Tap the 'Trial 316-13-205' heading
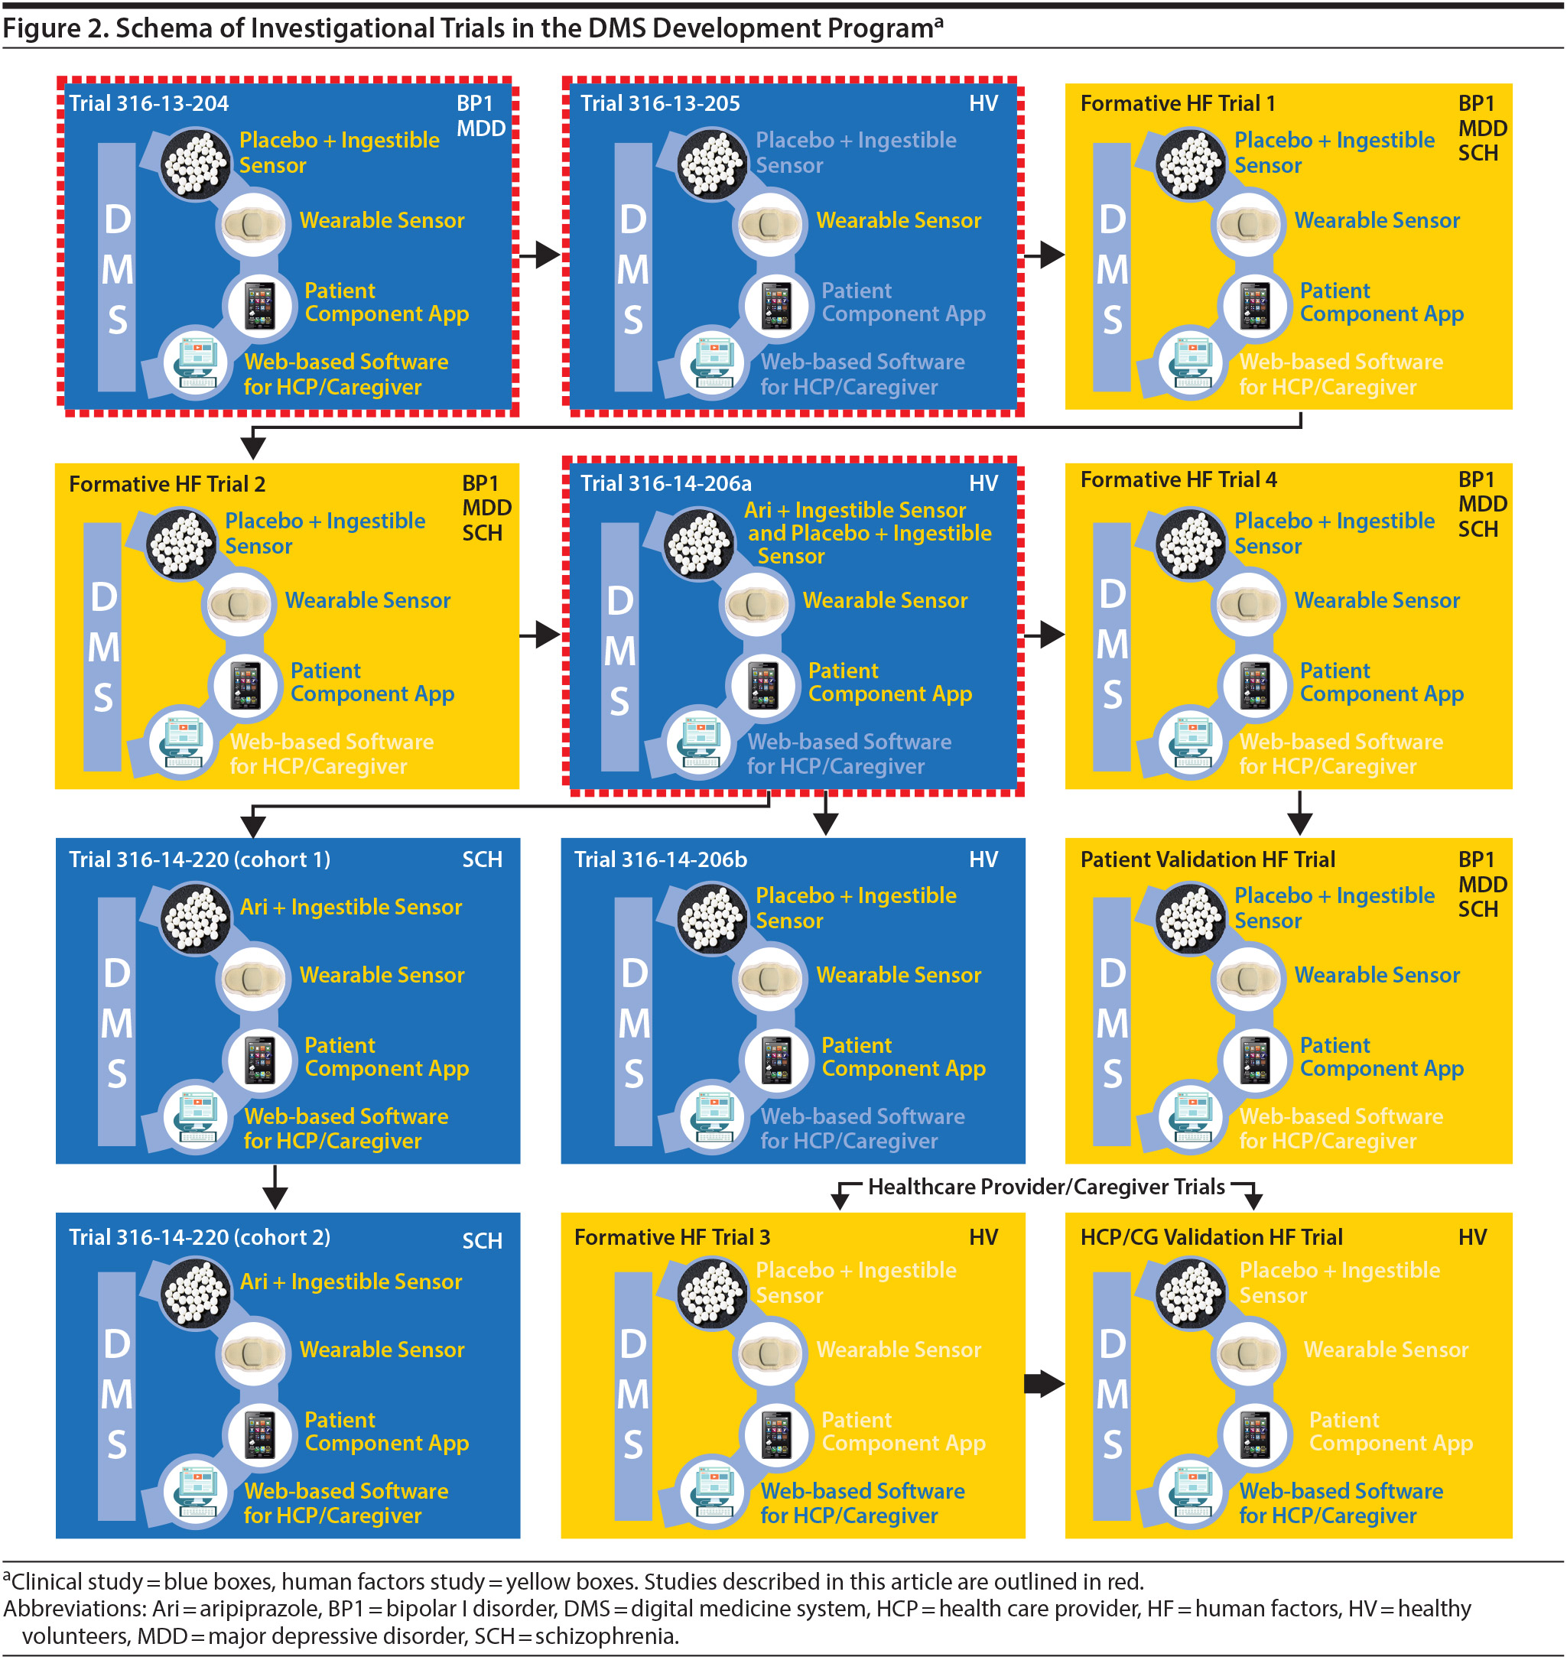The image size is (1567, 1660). click(x=660, y=103)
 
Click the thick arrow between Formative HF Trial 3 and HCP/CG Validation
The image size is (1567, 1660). click(x=1045, y=1384)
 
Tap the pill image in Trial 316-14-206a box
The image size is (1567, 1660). click(x=698, y=544)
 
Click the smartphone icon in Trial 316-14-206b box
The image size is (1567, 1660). click(x=776, y=1061)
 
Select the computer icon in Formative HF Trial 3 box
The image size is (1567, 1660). click(x=713, y=1492)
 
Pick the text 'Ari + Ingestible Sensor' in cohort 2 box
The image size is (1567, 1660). click(x=351, y=1282)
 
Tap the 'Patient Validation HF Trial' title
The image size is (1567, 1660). click(x=1208, y=859)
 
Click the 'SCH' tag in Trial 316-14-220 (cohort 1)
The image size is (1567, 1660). click(x=483, y=860)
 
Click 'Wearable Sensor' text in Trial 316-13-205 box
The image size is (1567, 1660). click(x=899, y=220)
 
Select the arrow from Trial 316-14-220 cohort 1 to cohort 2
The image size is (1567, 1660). click(x=275, y=1187)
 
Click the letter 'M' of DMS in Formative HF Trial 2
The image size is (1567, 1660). click(x=103, y=648)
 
